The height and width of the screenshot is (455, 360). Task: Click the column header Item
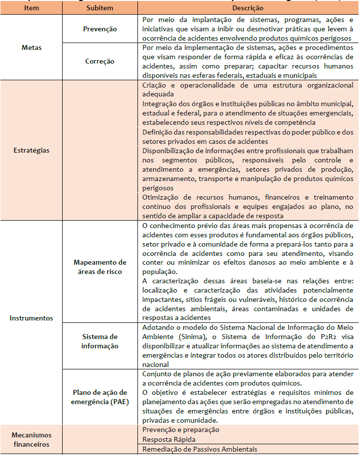pos(31,8)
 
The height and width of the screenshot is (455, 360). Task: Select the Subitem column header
pos(100,8)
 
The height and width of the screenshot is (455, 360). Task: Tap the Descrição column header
pos(248,8)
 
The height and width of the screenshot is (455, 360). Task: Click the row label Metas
pos(31,48)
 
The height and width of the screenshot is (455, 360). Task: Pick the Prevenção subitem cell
pos(100,29)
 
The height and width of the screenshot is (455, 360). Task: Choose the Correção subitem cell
pos(100,61)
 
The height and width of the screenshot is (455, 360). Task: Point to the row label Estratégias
pos(31,150)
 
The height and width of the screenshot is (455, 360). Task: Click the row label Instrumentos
pos(31,318)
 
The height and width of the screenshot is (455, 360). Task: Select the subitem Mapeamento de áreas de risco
pos(100,267)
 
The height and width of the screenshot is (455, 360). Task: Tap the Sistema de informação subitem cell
pos(100,341)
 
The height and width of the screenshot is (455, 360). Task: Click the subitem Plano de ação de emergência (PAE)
pos(100,397)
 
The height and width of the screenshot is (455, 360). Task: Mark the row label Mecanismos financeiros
pos(31,439)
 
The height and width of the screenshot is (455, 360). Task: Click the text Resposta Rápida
pos(166,439)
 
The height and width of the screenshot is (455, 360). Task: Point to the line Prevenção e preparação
pos(180,430)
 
